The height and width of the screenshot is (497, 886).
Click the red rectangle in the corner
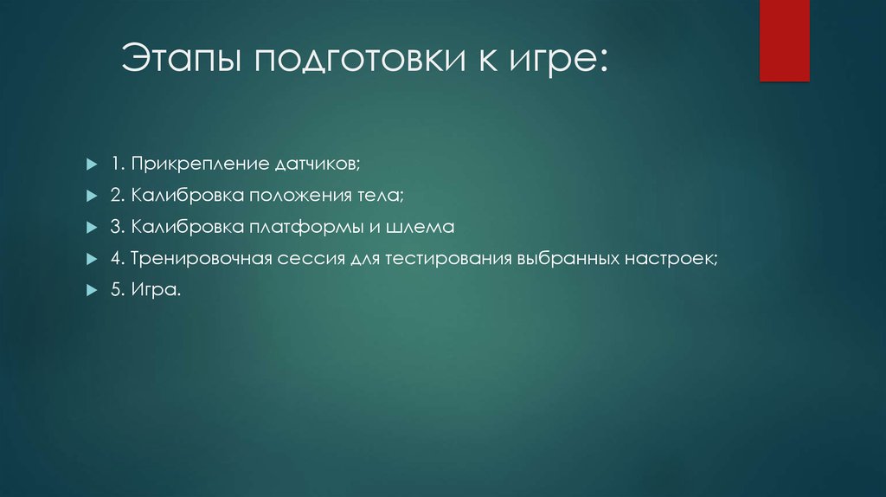[x=784, y=40]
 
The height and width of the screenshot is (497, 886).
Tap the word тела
[x=381, y=196]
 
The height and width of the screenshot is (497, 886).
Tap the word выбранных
[x=568, y=260]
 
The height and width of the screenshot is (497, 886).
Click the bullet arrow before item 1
[x=91, y=164]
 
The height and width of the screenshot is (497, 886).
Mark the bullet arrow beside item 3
[x=91, y=228]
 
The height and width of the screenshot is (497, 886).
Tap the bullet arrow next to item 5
[x=91, y=292]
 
